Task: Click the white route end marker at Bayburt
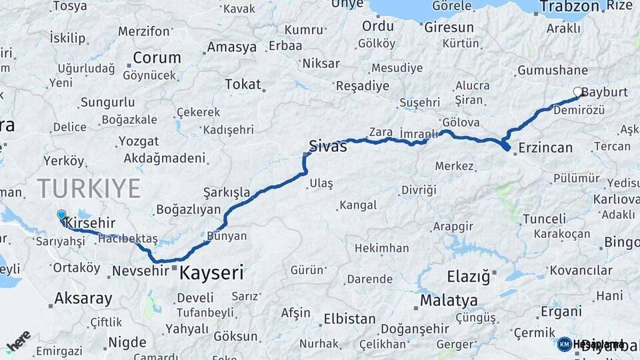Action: click(x=578, y=93)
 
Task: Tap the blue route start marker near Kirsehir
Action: click(x=61, y=215)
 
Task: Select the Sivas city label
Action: click(x=328, y=146)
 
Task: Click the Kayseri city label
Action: click(x=211, y=273)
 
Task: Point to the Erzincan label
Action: click(x=545, y=147)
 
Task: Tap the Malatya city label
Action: click(x=449, y=301)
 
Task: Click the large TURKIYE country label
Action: click(x=89, y=188)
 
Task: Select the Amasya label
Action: click(x=231, y=47)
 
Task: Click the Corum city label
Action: click(x=157, y=57)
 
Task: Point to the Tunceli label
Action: click(x=544, y=219)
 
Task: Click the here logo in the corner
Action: click(x=18, y=341)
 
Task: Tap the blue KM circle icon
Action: click(x=565, y=344)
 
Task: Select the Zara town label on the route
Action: click(x=381, y=132)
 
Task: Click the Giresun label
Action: click(x=449, y=27)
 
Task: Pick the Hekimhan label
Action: click(x=381, y=248)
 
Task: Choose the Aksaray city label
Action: click(x=83, y=298)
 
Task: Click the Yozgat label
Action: click(x=139, y=141)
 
